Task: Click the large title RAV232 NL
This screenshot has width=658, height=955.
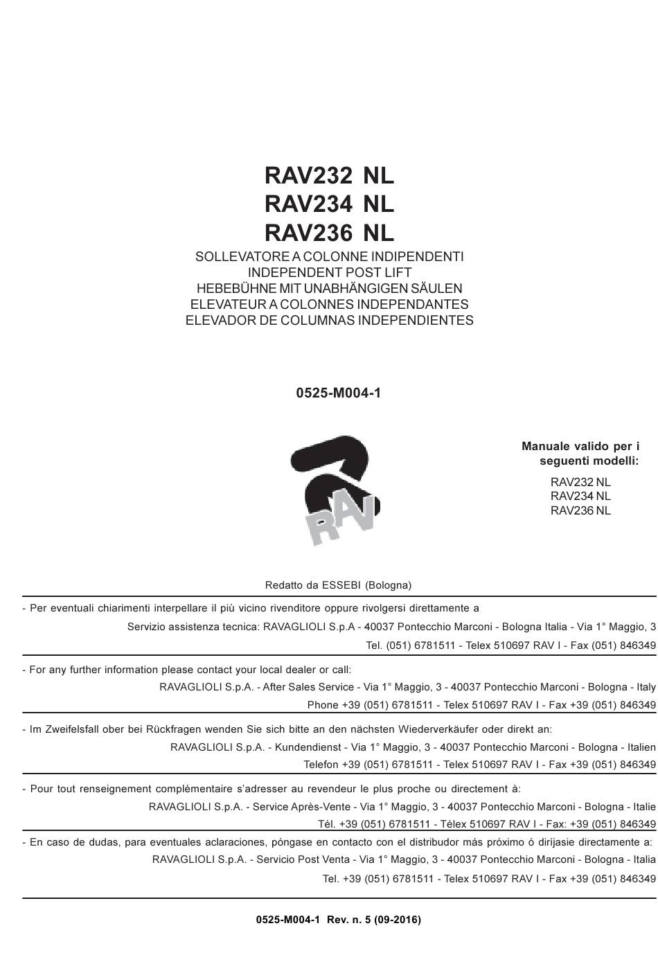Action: point(329,176)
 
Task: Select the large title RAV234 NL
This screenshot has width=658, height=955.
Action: point(329,204)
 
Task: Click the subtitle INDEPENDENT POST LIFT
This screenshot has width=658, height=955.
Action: point(329,273)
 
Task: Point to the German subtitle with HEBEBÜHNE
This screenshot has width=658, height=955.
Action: point(329,289)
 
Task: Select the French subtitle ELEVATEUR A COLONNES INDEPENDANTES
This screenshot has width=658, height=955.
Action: point(329,305)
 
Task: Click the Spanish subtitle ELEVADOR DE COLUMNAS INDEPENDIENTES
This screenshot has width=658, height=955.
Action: point(329,321)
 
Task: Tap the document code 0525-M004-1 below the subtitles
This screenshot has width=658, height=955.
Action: point(338,393)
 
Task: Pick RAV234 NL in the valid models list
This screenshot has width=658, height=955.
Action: point(580,497)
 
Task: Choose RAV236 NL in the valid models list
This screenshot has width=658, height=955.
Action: point(580,511)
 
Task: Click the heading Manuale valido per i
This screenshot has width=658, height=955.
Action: point(580,447)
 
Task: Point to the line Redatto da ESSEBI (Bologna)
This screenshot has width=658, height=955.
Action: point(338,586)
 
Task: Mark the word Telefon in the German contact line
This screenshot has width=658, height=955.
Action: point(321,765)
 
